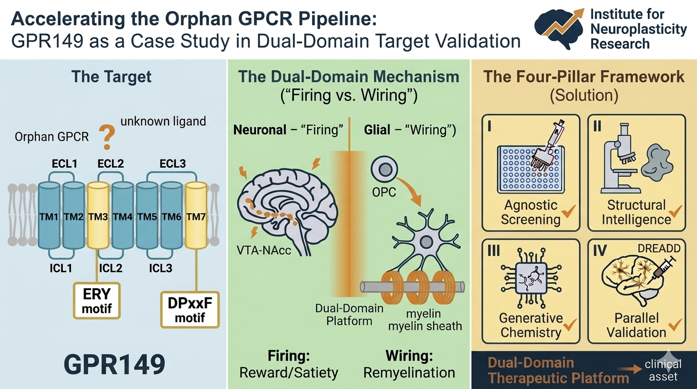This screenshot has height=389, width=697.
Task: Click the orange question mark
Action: pos(105,138)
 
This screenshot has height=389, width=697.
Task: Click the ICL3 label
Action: pos(161,267)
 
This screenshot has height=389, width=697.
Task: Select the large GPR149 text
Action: pos(115,364)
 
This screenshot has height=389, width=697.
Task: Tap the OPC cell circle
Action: pos(382,168)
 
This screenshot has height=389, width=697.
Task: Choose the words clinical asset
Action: pos(663,370)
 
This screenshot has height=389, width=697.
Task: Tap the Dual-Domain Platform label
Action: pos(349,314)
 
